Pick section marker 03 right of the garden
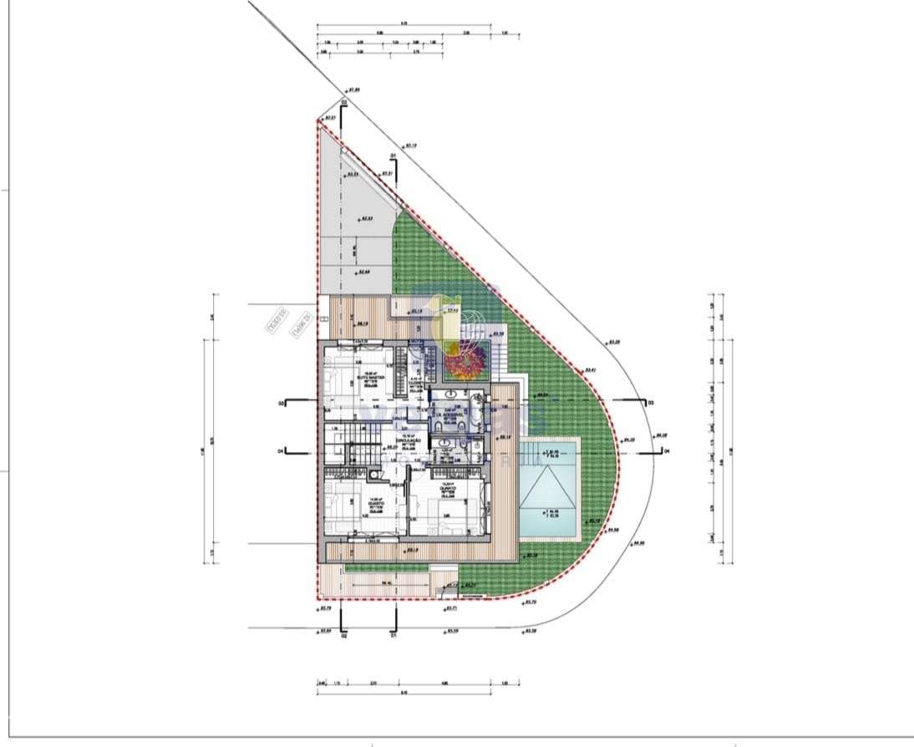(x=650, y=403)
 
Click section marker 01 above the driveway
(x=391, y=155)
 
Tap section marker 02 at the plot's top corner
(x=343, y=103)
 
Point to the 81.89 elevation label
(x=353, y=89)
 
